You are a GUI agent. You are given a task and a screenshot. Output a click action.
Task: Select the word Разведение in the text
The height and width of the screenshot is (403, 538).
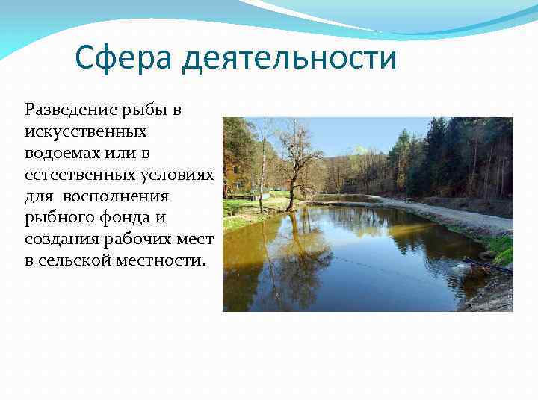tap(71, 110)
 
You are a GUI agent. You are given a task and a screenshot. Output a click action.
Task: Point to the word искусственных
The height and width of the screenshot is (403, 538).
tap(86, 132)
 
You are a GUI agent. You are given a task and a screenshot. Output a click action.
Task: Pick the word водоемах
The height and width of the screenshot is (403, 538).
tap(60, 154)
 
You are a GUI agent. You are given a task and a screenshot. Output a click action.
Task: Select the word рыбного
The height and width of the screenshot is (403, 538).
tap(57, 219)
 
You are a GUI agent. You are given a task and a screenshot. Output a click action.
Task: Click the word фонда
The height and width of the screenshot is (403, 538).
tap(119, 219)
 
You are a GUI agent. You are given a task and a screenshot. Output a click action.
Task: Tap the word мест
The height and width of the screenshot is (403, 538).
tap(194, 240)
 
